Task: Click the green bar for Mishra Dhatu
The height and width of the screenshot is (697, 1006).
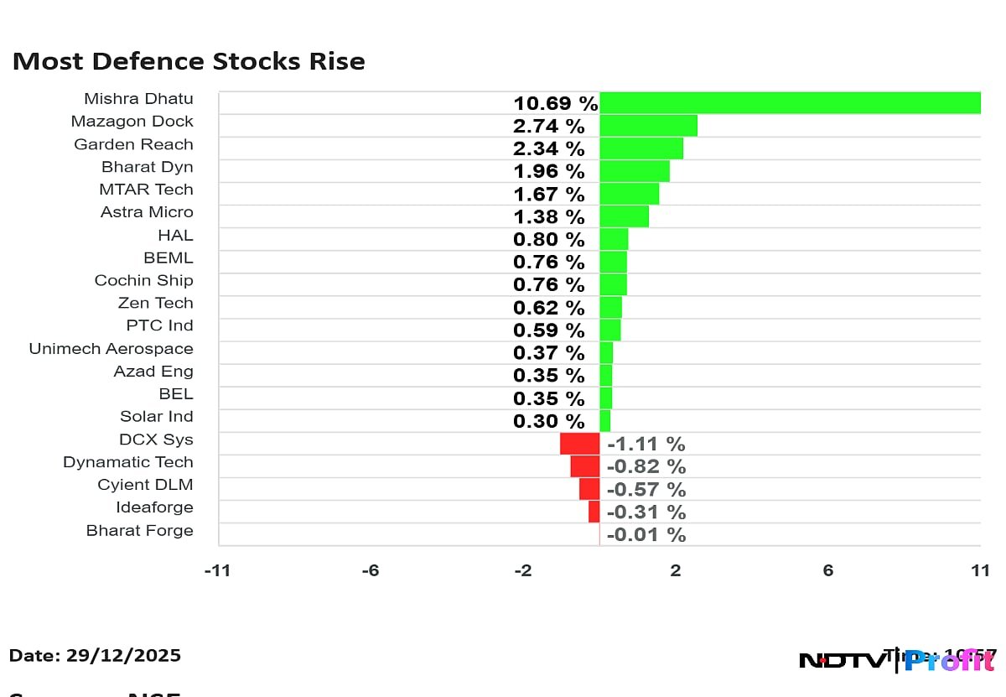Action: (x=790, y=103)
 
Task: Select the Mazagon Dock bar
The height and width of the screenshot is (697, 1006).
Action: (x=648, y=126)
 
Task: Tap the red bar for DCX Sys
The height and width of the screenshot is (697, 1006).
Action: (x=579, y=444)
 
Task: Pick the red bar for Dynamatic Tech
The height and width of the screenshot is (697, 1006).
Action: (x=584, y=466)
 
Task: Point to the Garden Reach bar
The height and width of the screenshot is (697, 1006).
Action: (x=641, y=148)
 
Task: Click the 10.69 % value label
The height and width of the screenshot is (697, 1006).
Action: (x=556, y=104)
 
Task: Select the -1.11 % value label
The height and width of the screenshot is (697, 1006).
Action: (x=646, y=444)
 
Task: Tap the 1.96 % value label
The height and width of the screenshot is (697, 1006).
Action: (x=549, y=172)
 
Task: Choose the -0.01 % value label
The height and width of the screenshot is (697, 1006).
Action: (x=646, y=534)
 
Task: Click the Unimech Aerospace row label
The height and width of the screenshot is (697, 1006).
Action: (x=111, y=349)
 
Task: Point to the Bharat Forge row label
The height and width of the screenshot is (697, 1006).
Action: (x=139, y=530)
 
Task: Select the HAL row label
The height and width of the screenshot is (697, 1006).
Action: (x=175, y=236)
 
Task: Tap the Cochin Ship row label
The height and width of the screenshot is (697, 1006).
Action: (x=143, y=281)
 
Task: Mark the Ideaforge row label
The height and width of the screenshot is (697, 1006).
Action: (x=154, y=507)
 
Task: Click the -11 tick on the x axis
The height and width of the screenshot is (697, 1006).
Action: (x=218, y=571)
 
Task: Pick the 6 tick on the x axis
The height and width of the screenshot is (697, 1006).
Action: (x=827, y=571)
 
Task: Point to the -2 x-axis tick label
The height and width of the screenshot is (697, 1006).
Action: (x=522, y=571)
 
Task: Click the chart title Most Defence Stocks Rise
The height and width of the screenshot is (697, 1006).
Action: (x=189, y=62)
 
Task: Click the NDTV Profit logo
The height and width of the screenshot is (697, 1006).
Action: (x=895, y=661)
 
